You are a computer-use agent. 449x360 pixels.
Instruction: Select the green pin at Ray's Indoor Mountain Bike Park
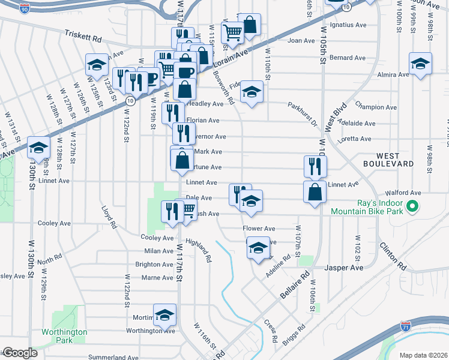[412, 208]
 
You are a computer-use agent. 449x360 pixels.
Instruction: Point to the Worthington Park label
[64, 336]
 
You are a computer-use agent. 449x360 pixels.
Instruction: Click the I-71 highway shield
[406, 328]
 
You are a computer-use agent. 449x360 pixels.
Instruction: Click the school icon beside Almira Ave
[421, 63]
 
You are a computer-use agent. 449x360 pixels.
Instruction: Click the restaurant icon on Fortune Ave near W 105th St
[315, 165]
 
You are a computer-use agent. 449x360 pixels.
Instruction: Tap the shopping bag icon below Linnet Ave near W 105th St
[315, 192]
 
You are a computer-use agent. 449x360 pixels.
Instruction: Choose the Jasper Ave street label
[345, 268]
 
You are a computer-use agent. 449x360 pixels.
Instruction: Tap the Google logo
[19, 352]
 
